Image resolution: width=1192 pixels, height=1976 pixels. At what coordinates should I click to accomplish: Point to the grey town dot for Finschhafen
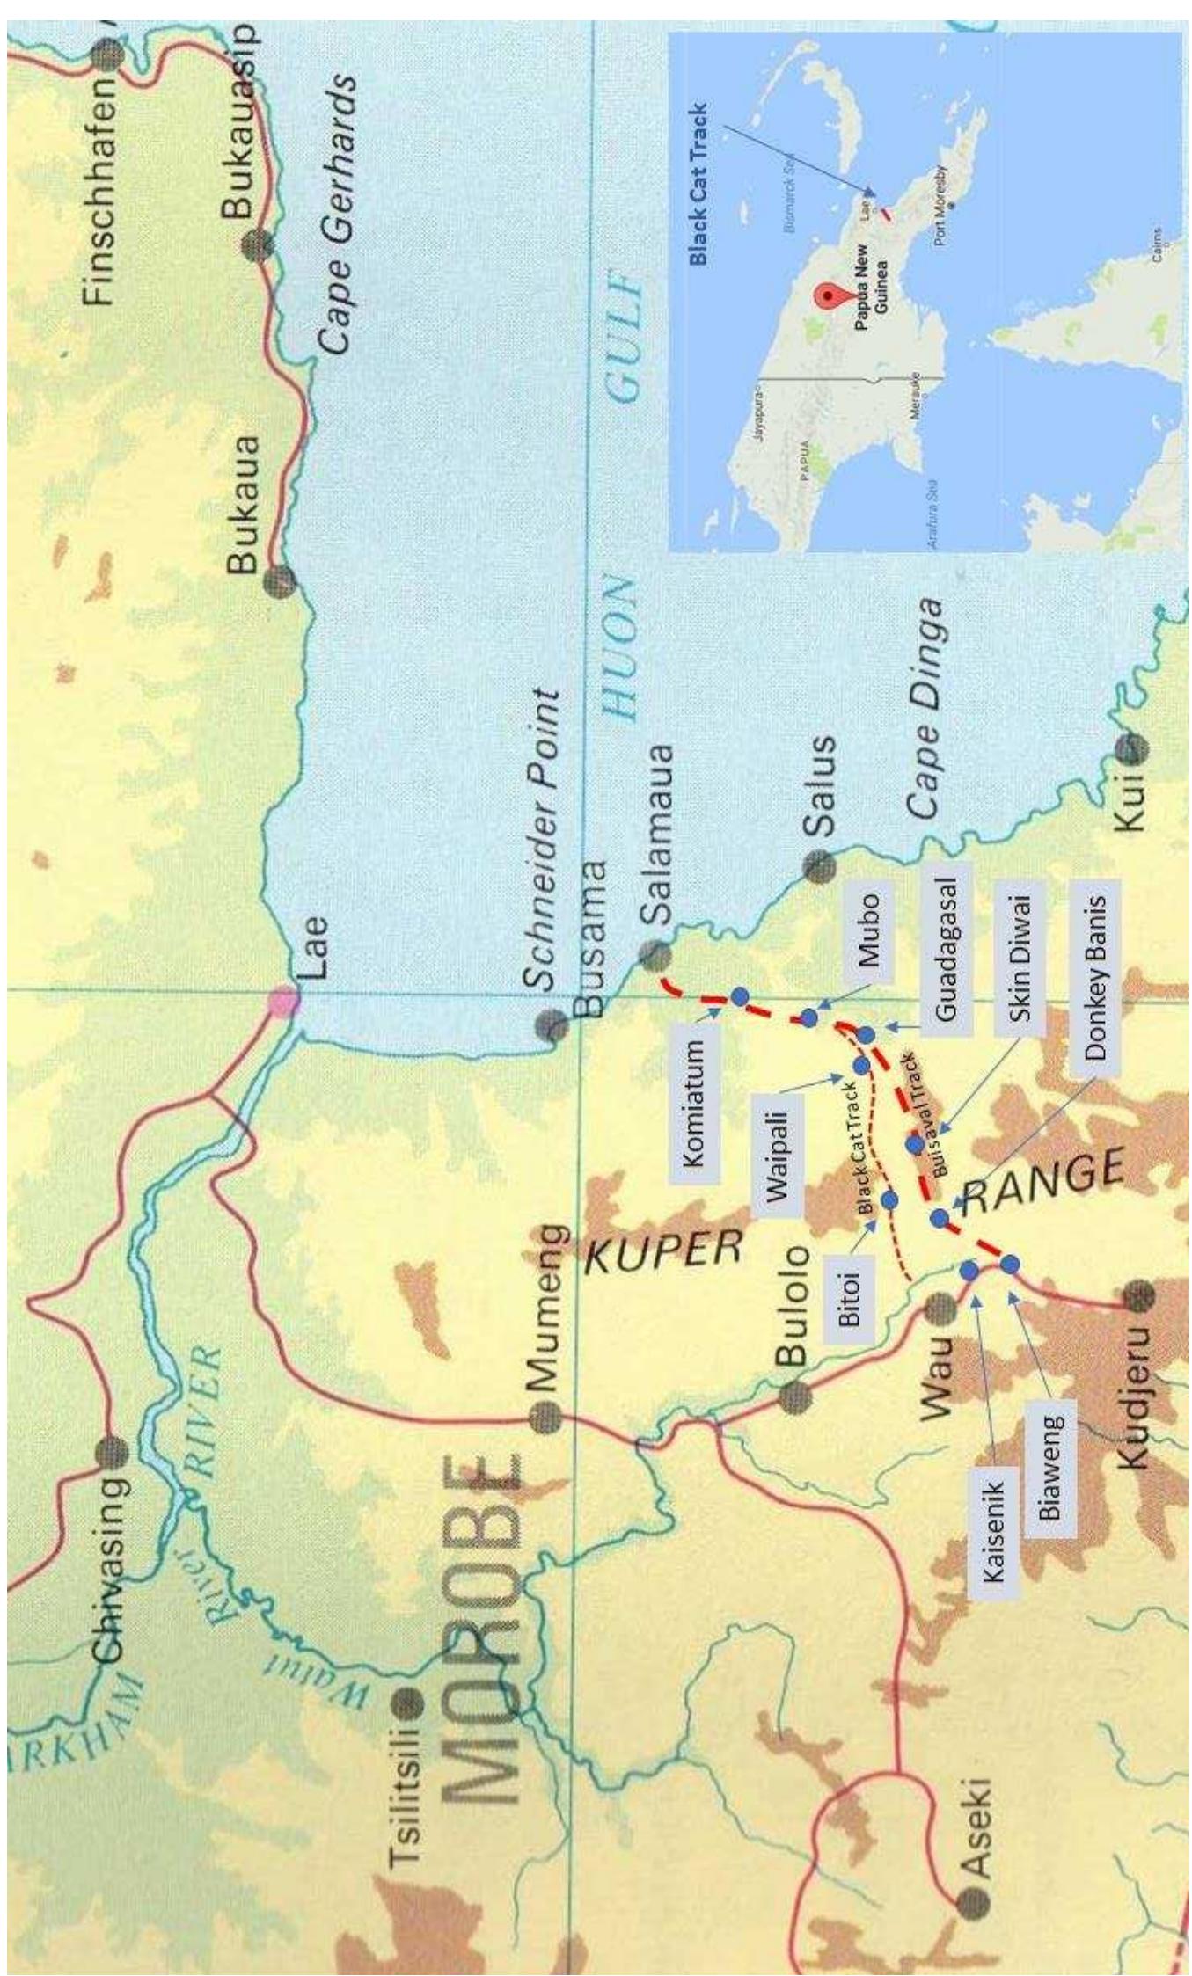pos(109,58)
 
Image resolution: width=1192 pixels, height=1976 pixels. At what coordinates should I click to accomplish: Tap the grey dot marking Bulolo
pos(794,1395)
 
